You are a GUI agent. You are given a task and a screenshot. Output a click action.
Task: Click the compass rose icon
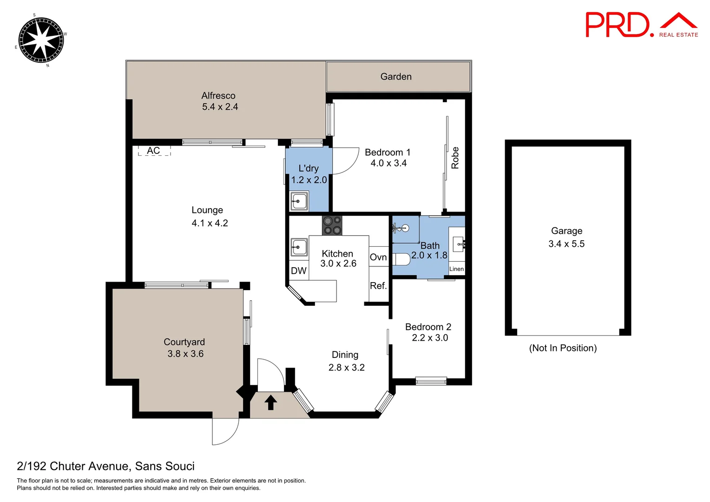[x=41, y=40]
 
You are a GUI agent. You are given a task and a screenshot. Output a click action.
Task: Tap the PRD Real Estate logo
[x=641, y=25]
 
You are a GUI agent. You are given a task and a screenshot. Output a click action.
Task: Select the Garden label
[x=396, y=77]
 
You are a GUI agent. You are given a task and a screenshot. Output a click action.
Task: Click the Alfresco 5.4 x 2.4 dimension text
[x=220, y=107]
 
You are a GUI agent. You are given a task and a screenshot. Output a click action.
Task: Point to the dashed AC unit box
[x=154, y=151]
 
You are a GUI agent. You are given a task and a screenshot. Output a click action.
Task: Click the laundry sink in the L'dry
[x=299, y=201]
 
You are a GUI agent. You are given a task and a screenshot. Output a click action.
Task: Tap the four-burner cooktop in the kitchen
[x=332, y=225]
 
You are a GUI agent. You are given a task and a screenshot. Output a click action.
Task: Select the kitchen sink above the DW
[x=299, y=247]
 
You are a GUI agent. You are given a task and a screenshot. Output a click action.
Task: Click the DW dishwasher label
[x=298, y=271]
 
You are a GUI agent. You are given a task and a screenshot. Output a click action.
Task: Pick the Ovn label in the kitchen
[x=378, y=258]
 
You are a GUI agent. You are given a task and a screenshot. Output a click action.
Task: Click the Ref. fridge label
[x=378, y=286]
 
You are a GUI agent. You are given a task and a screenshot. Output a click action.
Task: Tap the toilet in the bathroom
[x=401, y=259]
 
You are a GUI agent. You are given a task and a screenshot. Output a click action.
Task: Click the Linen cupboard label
[x=456, y=269]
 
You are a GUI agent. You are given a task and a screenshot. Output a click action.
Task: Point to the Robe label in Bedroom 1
[x=455, y=158]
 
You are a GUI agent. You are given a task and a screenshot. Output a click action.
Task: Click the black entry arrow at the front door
[x=271, y=402]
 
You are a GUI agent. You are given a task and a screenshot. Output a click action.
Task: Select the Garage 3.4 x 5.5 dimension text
[x=566, y=244]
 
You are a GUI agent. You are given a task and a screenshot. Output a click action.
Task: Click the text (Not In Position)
[x=563, y=348]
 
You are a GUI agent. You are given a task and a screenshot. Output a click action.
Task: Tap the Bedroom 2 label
[x=428, y=327]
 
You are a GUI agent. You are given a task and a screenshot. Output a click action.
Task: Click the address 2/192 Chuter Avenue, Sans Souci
[x=105, y=466]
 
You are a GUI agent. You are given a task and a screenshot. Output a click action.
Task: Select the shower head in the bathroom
[x=404, y=228]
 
